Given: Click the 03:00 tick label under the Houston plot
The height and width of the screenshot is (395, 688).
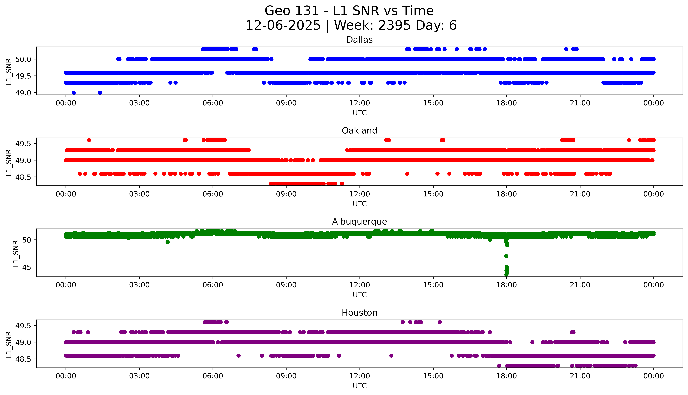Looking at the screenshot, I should pyautogui.click(x=139, y=376).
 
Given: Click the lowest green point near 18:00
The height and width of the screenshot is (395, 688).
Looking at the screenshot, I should pyautogui.click(x=506, y=275).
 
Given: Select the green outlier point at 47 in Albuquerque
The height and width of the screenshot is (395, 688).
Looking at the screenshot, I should pyautogui.click(x=506, y=256).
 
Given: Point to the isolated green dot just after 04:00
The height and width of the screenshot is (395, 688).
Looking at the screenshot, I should pyautogui.click(x=168, y=242).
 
